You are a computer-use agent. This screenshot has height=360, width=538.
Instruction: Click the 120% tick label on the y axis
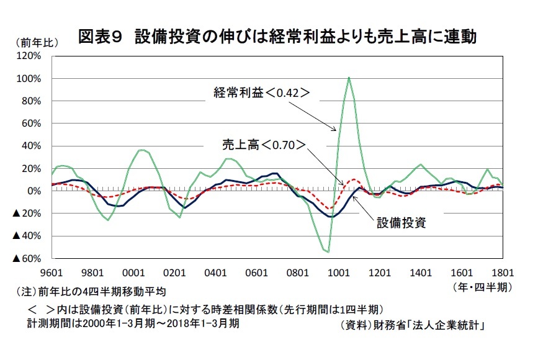pos(29,56)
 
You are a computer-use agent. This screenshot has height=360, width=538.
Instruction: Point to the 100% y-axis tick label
pos(29,79)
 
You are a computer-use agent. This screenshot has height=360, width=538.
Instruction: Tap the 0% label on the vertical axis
pos(35,191)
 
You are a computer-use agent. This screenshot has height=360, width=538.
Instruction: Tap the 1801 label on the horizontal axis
pos(503,272)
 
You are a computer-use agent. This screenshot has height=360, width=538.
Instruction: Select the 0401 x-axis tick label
pos(215,272)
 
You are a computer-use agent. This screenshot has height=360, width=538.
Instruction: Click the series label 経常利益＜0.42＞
pos(261,93)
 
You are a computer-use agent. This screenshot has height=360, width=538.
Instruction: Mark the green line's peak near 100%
pos(349,78)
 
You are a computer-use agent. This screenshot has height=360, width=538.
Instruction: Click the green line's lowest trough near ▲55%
pos(328,251)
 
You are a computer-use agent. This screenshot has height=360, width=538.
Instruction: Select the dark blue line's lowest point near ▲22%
pos(331,217)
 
